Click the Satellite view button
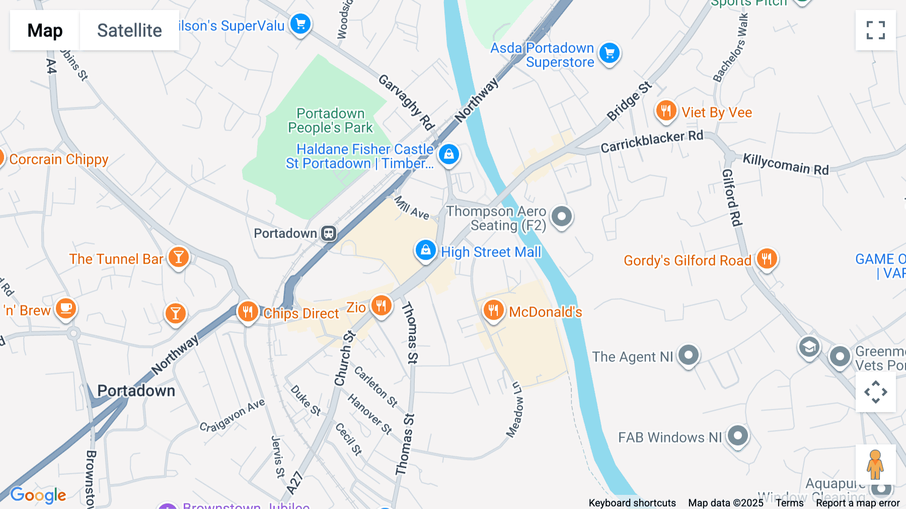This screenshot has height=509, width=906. click(x=129, y=30)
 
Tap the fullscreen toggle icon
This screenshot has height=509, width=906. click(x=875, y=30)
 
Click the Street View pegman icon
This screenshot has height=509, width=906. click(x=875, y=465)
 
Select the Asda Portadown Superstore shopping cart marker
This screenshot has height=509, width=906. click(x=610, y=53)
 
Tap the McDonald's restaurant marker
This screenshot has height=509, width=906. click(x=493, y=310)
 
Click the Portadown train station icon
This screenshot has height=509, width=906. click(x=329, y=233)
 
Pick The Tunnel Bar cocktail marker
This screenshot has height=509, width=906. click(x=178, y=257)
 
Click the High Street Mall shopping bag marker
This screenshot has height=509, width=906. click(x=425, y=250)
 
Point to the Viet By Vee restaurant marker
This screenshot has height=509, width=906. click(x=666, y=110)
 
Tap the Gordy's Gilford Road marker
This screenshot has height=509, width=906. click(x=767, y=259)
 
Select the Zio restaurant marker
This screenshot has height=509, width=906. click(x=381, y=305)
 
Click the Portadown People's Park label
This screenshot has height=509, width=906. click(x=330, y=120)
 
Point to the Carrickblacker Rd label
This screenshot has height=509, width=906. click(x=652, y=141)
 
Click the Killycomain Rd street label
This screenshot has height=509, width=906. click(x=786, y=164)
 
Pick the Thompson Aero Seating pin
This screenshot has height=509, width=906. click(x=561, y=216)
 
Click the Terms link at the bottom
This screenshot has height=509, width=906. click(x=789, y=503)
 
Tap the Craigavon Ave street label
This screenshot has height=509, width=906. click(x=232, y=416)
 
